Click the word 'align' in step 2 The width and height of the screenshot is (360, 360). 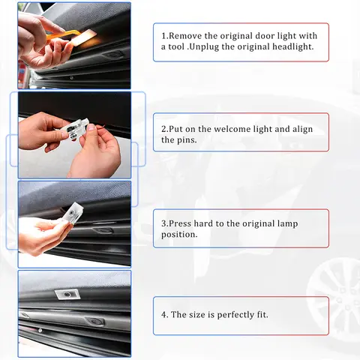coord(300,129)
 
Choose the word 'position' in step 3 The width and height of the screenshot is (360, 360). coord(179,234)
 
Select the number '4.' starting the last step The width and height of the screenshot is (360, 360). coord(164,314)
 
